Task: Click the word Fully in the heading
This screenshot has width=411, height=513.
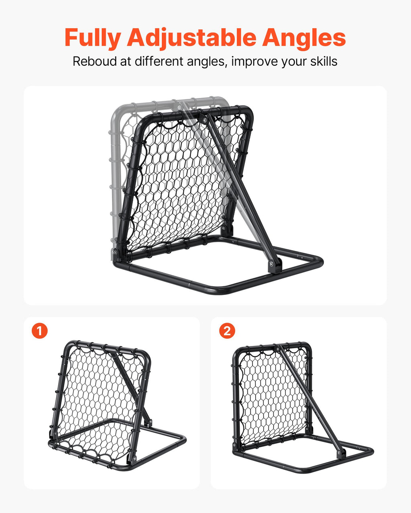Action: coord(92,38)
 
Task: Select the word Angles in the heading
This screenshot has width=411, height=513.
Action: coord(304,38)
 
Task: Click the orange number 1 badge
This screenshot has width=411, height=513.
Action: coord(40,331)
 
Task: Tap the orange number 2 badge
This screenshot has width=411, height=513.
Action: coord(227,331)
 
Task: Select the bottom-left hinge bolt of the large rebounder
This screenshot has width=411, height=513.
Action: coord(115,252)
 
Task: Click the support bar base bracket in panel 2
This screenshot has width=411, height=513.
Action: coord(341,453)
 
